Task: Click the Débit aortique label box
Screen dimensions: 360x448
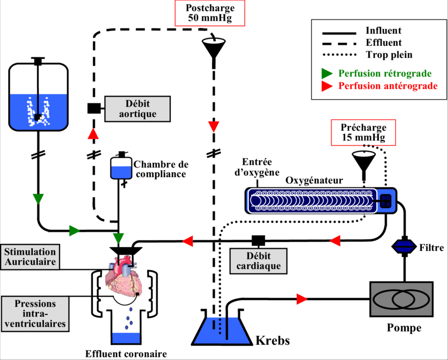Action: [x=138, y=109]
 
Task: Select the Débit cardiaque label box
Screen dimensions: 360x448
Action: [x=258, y=261]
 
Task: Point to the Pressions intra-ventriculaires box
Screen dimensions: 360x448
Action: [x=35, y=314]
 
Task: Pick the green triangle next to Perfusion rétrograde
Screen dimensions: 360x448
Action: [x=327, y=73]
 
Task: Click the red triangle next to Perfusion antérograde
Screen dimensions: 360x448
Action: [x=327, y=86]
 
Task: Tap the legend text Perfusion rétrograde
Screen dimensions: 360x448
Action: [x=385, y=73]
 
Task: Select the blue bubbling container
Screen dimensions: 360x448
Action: [x=38, y=112]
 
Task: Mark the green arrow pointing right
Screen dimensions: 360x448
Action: [x=74, y=231]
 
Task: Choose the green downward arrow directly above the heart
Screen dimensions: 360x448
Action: [x=119, y=238]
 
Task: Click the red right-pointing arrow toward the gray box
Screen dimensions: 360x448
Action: [x=301, y=299]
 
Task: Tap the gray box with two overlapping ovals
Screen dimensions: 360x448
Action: [x=401, y=299]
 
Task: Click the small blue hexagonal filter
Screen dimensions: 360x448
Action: [x=404, y=246]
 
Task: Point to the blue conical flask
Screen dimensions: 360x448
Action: [x=221, y=329]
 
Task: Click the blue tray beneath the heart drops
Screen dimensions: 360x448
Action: [x=126, y=338]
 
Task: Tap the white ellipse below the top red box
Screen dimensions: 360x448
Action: [x=213, y=41]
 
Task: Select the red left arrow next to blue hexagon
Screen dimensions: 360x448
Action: [x=335, y=241]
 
